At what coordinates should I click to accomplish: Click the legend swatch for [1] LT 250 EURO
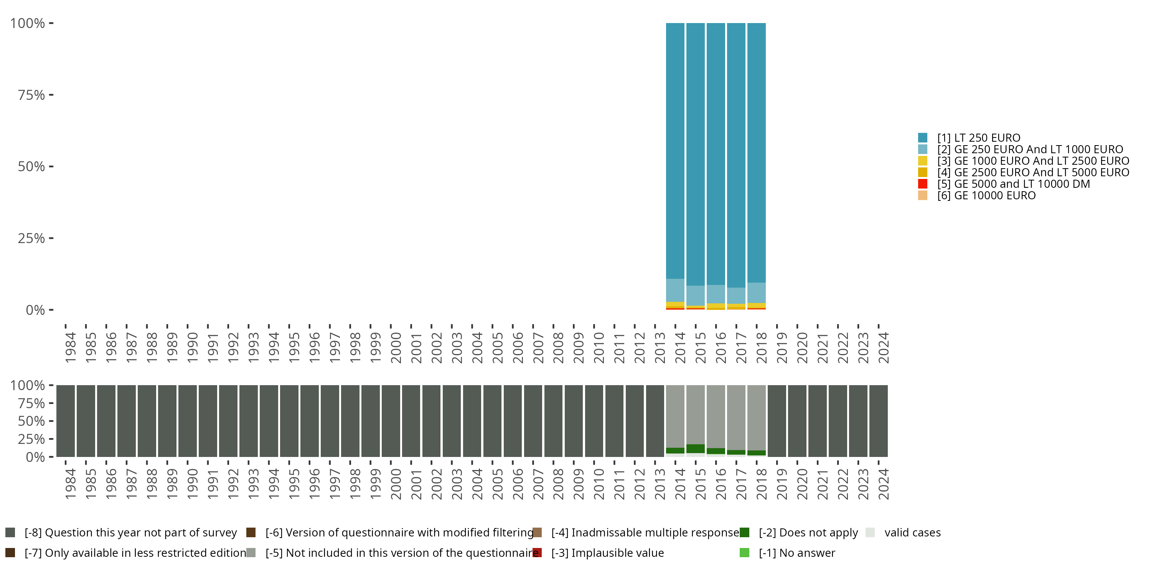point(923,138)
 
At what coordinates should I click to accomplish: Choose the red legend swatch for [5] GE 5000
point(923,184)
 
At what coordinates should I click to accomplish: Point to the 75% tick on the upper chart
point(51,95)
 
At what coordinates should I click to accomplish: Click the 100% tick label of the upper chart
point(28,23)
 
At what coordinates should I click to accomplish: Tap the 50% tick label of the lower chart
point(31,421)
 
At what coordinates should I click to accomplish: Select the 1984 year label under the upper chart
point(71,348)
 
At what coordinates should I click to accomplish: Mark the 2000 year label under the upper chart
point(396,348)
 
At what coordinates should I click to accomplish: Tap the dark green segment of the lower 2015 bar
point(696,449)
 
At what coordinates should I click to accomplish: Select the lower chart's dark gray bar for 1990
point(188,421)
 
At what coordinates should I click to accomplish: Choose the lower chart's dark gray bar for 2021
point(818,421)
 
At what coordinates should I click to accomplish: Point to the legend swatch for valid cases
point(870,533)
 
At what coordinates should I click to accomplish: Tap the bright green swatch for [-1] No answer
point(744,553)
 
